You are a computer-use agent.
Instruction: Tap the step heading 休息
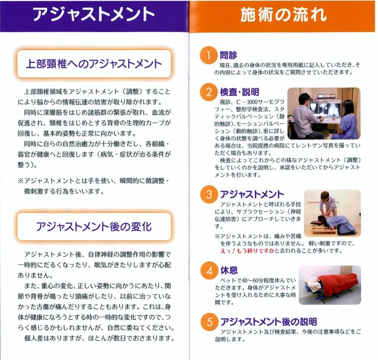[x=227, y=269]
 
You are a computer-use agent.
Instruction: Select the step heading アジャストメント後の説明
[x=268, y=321]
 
